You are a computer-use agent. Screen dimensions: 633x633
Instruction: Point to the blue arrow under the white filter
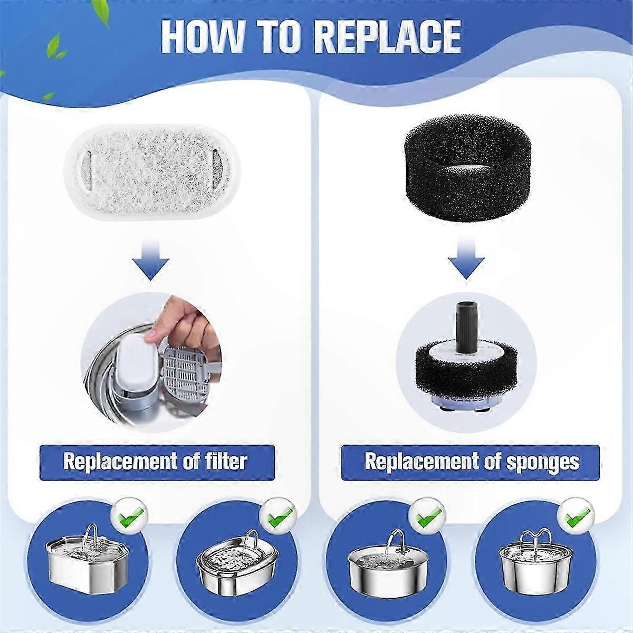[150, 260]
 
